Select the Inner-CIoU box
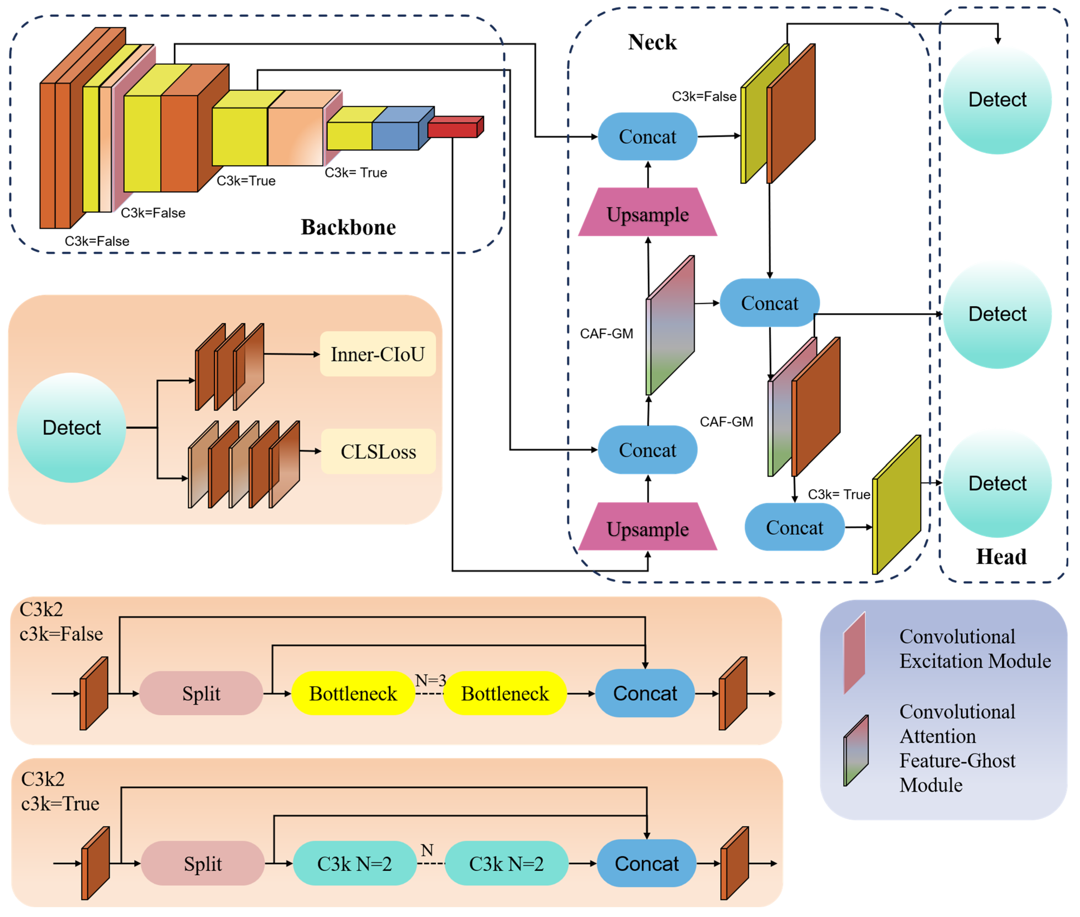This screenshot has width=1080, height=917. [378, 354]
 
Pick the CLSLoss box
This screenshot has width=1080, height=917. [378, 451]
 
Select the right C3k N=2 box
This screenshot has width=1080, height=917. [506, 863]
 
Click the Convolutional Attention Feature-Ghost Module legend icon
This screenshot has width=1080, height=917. [855, 750]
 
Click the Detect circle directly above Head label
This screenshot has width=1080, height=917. [997, 483]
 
